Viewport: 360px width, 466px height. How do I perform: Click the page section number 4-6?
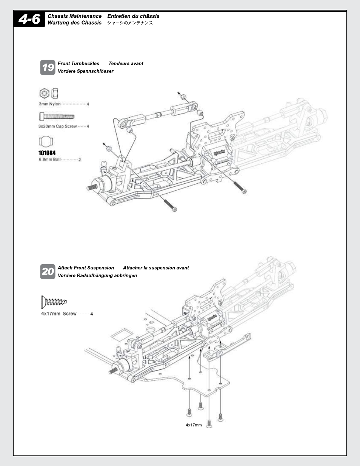[29, 19]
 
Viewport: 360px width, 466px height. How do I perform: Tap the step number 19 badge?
[48, 68]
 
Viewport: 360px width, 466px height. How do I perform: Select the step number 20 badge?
[48, 272]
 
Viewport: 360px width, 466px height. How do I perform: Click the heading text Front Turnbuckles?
[78, 63]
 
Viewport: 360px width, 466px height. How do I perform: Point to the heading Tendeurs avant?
[126, 63]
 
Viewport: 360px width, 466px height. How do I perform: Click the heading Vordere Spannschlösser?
[85, 71]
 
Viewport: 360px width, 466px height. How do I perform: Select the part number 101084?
[47, 153]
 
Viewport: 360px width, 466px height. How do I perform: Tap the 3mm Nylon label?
[49, 104]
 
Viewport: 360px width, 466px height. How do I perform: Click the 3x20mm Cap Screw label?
[57, 126]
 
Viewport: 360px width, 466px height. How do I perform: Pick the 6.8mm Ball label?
[49, 159]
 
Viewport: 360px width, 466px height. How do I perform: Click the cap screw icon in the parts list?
[57, 117]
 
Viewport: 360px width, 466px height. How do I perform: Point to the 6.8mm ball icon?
[46, 141]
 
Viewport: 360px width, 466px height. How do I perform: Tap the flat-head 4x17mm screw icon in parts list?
[54, 302]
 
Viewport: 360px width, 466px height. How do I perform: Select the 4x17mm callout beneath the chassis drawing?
[194, 425]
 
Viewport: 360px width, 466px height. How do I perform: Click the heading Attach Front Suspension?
[86, 268]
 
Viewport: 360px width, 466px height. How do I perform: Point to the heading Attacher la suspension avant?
[156, 268]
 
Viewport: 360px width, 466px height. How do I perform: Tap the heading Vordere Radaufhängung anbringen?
[97, 275]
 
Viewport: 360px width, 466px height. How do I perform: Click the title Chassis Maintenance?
[75, 16]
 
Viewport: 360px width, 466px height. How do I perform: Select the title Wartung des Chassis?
[74, 23]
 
